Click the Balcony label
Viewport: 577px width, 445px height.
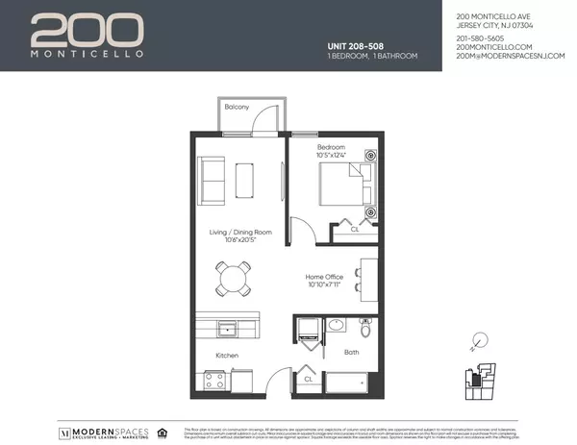(x=238, y=108)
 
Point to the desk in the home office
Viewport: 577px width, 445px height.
(x=369, y=276)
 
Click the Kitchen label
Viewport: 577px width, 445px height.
(x=227, y=356)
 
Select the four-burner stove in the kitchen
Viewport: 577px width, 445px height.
(x=213, y=379)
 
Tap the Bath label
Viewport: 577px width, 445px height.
(x=352, y=353)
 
